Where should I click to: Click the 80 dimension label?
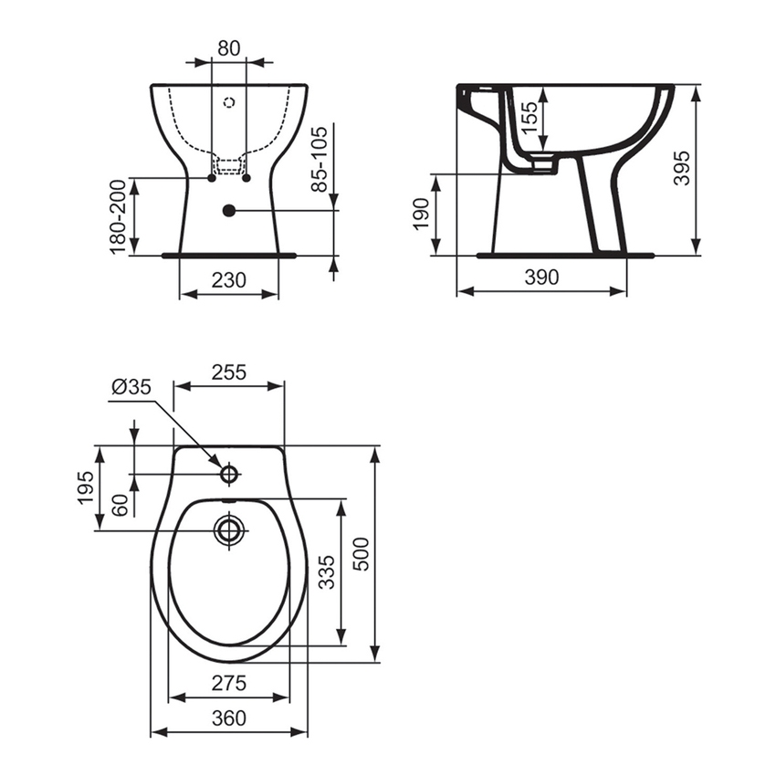(229, 48)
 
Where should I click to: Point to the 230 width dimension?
(229, 280)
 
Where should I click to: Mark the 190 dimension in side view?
(422, 215)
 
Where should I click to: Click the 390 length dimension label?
(541, 278)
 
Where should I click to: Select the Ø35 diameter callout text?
(131, 387)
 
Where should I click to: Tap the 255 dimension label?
(229, 372)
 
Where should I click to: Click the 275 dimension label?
(229, 684)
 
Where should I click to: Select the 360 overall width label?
(229, 718)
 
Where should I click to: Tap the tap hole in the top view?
(229, 474)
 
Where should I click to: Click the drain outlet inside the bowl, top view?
(229, 530)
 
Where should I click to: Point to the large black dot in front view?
(228, 211)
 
